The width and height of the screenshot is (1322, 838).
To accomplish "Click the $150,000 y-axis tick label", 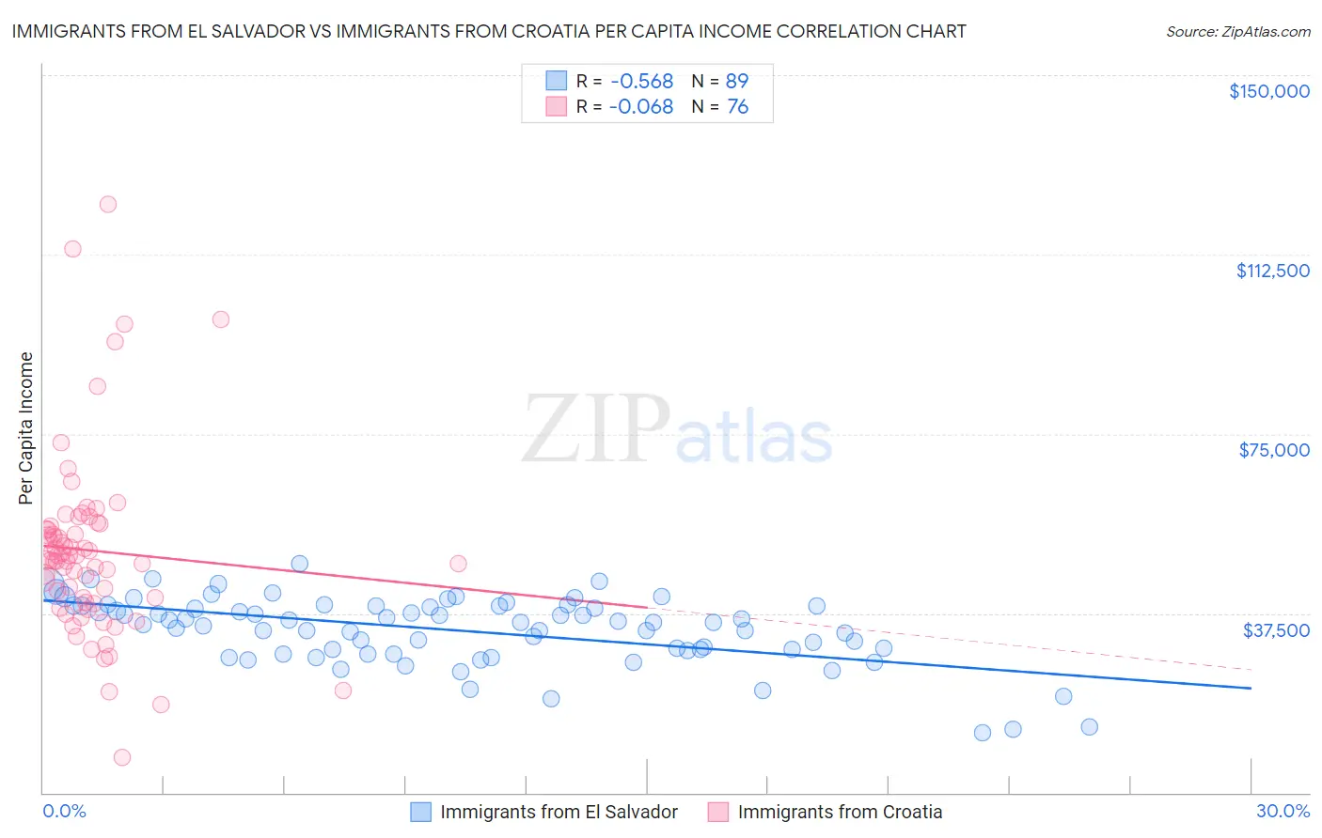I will [x=1268, y=91].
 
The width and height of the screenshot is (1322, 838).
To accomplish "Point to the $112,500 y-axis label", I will [x=1272, y=271].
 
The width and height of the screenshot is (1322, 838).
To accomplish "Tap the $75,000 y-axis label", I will [x=1274, y=450].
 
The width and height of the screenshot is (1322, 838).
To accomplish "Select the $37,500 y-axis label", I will [x=1276, y=630].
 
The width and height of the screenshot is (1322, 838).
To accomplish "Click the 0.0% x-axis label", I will [x=64, y=811].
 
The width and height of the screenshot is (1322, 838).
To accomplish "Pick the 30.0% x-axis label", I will [x=1283, y=811].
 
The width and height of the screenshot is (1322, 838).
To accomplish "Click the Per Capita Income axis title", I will [x=26, y=427].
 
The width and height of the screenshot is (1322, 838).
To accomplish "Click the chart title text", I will [x=489, y=31].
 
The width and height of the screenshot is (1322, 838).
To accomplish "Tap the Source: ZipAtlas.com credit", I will [x=1237, y=31].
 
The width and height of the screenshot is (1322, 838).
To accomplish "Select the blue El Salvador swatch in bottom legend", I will [x=420, y=812].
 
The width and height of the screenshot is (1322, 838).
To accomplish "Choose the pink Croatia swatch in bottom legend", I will [x=718, y=812].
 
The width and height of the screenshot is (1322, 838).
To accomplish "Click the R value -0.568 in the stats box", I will [x=641, y=82].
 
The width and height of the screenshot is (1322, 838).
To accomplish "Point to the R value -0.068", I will [x=641, y=107].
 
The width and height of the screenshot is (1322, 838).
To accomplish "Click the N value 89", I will [x=737, y=82].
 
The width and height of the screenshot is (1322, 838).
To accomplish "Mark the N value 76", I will [x=737, y=107].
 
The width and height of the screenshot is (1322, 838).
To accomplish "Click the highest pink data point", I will [x=108, y=204].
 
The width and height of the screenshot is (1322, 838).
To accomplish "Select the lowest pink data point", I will [x=121, y=757].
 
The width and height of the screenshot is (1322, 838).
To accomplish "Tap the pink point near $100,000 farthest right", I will [x=221, y=319].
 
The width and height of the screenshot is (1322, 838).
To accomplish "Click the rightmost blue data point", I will [x=1089, y=726].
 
